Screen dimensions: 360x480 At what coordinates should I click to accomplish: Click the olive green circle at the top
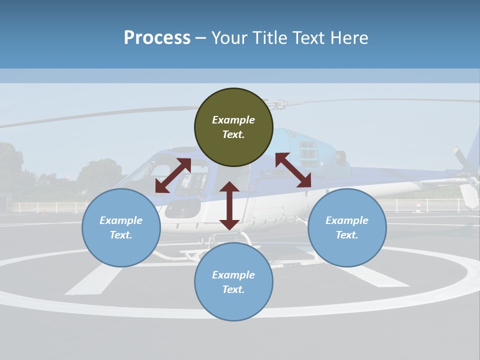233,127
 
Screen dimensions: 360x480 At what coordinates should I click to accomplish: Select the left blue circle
121,227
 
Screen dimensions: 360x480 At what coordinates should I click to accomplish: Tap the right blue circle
347,227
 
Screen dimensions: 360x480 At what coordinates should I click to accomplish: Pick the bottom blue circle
233,282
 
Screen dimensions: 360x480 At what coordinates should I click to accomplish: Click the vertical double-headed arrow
229,205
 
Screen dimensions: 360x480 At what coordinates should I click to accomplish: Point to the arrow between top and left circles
173,175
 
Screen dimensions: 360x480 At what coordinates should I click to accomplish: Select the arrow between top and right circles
293,170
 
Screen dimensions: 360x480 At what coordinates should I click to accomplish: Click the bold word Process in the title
157,37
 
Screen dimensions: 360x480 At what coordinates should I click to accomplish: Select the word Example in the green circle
233,120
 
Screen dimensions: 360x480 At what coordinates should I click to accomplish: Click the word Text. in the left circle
121,235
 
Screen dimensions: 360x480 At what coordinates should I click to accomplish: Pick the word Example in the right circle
347,220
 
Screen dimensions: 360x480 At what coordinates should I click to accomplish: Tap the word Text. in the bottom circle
233,289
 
